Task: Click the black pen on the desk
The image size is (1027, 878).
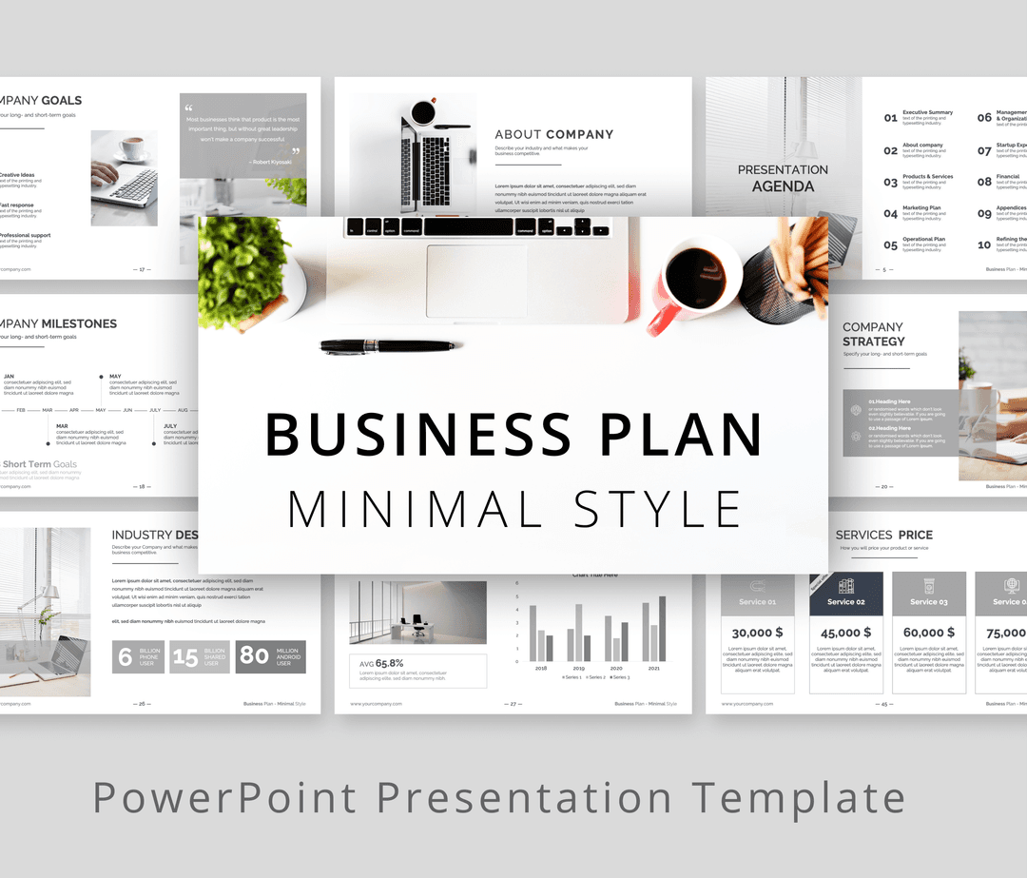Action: point(387,346)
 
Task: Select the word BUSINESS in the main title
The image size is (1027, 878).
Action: point(418,434)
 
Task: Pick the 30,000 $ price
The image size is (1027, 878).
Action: point(757,632)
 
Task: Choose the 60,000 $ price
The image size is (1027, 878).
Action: point(929,632)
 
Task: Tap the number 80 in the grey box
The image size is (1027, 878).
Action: point(255,655)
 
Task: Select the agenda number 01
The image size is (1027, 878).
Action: point(890,118)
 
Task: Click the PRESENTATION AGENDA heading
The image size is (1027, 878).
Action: point(783,178)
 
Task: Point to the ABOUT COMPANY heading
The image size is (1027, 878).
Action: point(554,134)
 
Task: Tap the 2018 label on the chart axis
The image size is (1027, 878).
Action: point(541,668)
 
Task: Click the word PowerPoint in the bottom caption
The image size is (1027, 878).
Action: point(224,797)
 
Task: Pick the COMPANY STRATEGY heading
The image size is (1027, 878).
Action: point(874,334)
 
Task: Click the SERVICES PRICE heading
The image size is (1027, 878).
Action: point(884,535)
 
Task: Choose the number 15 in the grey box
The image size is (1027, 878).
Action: point(185,656)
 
